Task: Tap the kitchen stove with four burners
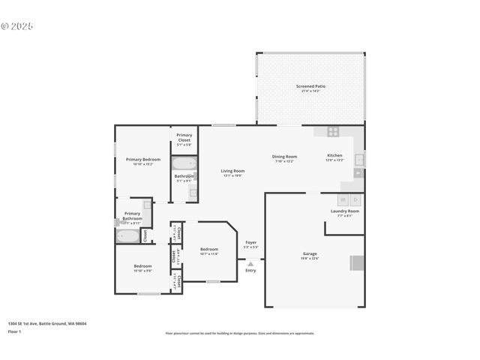pyautogui.click(x=331, y=131)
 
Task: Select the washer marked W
pyautogui.click(x=343, y=199)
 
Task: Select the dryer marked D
pyautogui.click(x=355, y=199)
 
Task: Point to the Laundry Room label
pyautogui.click(x=344, y=211)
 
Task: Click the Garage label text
pyautogui.click(x=310, y=253)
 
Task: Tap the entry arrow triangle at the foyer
pyautogui.click(x=250, y=263)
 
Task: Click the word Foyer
pyautogui.click(x=250, y=242)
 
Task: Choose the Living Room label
pyautogui.click(x=232, y=171)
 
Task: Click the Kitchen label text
pyautogui.click(x=334, y=156)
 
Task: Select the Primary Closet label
pyautogui.click(x=184, y=138)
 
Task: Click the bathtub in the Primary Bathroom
pyautogui.click(x=128, y=236)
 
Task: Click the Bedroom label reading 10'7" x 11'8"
pyautogui.click(x=208, y=250)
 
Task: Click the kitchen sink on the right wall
pyautogui.click(x=359, y=160)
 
